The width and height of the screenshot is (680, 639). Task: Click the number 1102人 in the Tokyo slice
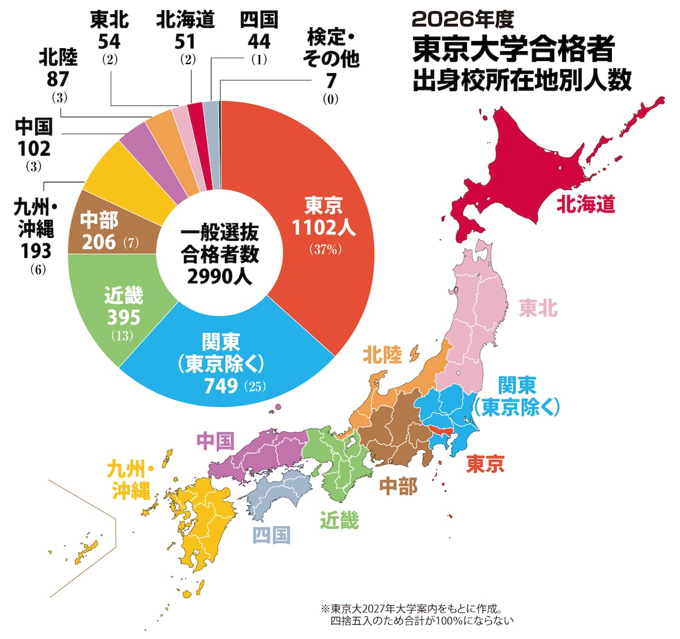[324, 227]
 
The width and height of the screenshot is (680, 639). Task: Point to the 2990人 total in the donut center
[220, 276]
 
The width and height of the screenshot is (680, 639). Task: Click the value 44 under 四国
[259, 41]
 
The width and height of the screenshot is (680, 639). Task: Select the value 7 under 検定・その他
[331, 81]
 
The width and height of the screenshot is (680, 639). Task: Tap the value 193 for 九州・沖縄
[36, 251]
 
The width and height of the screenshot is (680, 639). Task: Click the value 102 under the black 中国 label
[34, 148]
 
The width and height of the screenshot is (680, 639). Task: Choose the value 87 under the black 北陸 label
[58, 79]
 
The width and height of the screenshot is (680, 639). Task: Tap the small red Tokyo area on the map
[441, 429]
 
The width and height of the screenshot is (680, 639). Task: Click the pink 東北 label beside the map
[538, 308]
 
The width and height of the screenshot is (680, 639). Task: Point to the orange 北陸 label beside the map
[382, 355]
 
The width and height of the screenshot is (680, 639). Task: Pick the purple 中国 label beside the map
[216, 441]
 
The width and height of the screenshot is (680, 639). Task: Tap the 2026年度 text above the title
[463, 20]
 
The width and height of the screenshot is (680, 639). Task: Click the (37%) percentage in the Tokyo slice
[325, 249]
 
